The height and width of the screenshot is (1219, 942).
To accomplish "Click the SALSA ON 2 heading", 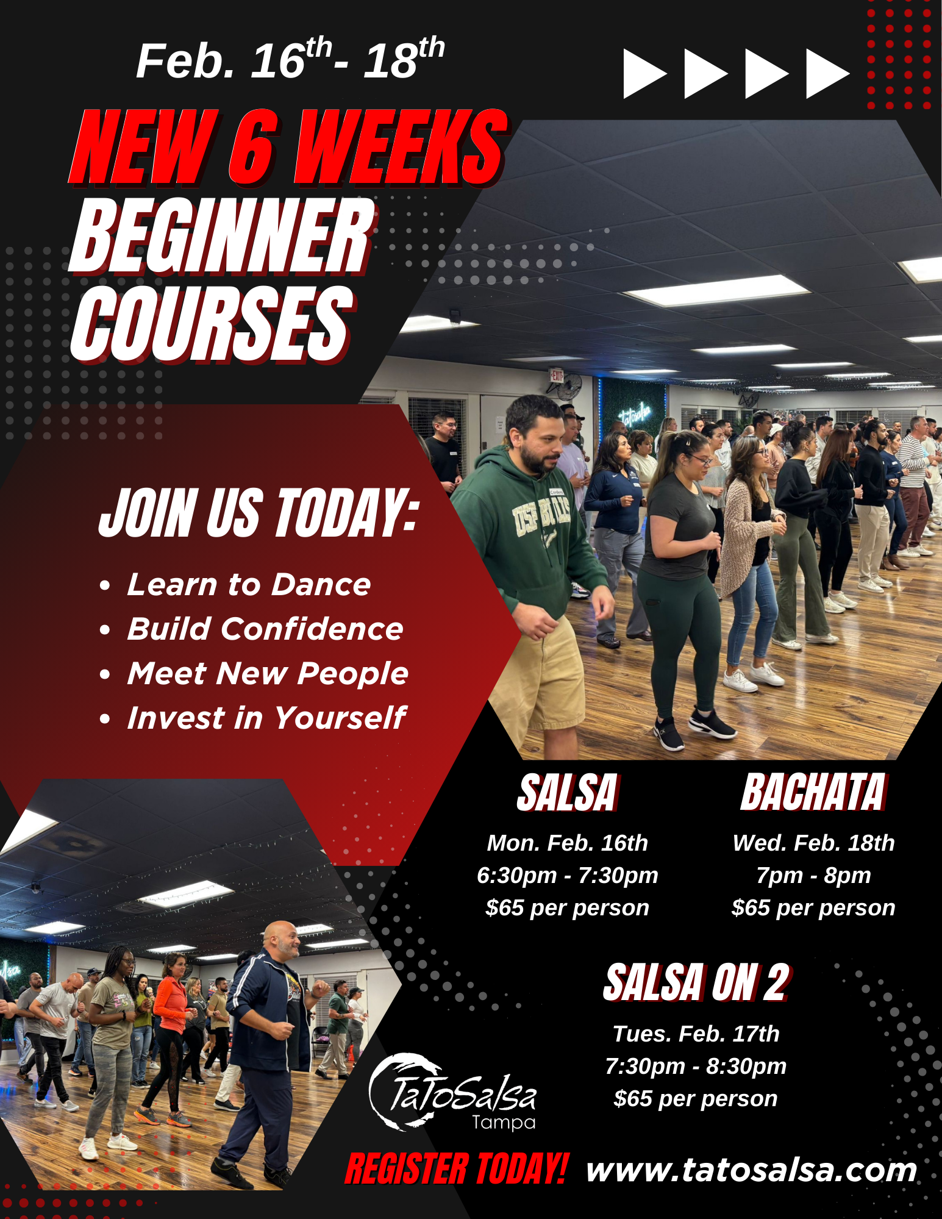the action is [696, 983].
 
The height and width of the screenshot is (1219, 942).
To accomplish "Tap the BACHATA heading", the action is [813, 792].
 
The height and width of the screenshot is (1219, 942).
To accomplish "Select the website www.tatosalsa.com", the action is [752, 1170].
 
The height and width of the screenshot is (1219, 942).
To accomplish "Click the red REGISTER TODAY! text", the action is [457, 1169].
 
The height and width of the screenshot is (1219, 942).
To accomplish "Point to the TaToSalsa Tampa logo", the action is [452, 1092].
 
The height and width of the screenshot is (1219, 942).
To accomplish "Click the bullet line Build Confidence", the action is [265, 629].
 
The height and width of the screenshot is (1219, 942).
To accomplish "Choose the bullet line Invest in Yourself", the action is [266, 717].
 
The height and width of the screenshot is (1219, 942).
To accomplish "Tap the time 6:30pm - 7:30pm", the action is [568, 875].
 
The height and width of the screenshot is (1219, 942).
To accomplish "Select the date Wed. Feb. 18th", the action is [813, 843].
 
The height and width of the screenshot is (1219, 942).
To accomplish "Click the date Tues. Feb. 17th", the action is [696, 1034].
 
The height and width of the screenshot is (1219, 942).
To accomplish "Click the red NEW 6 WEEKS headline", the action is [288, 146].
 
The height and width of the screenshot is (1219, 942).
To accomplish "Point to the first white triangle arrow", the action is [644, 73].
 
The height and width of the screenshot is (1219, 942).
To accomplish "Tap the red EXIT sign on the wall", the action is [556, 375].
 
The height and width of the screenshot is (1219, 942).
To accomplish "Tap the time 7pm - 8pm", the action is [813, 875].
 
